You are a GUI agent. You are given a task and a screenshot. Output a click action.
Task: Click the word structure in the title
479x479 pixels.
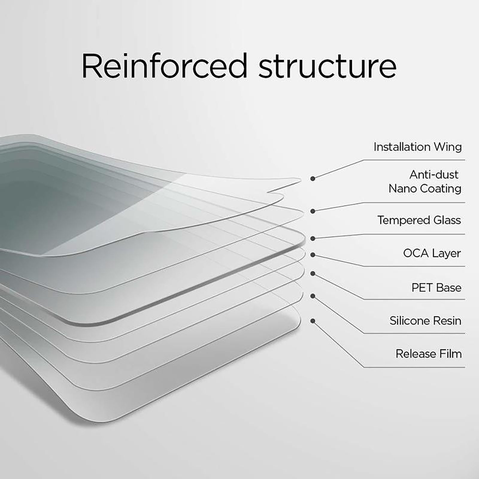pos(328,66)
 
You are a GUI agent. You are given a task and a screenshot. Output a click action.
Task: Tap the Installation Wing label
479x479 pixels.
pos(417,147)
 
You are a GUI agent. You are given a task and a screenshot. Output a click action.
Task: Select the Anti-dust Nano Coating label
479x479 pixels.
pos(425,181)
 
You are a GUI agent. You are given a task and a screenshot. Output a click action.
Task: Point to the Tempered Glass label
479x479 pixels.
pos(419,220)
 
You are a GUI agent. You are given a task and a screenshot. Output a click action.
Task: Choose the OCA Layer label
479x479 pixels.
pos(432,253)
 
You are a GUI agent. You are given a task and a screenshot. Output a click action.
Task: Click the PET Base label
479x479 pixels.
pos(436,288)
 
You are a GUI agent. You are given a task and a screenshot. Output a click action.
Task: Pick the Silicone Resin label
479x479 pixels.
pos(425,321)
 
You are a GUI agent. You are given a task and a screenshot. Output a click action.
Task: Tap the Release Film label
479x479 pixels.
pos(428,354)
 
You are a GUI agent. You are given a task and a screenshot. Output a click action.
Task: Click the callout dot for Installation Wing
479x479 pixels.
pos(313,178)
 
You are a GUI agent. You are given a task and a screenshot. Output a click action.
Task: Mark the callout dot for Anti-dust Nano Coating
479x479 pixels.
pos(313,211)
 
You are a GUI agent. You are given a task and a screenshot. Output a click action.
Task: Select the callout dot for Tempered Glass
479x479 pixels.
pos(313,238)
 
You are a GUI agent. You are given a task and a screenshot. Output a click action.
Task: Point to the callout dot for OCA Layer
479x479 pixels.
pos(313,255)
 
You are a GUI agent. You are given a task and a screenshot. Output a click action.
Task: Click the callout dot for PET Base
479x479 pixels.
pos(313,273)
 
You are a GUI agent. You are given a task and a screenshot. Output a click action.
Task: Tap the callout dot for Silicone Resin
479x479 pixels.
pos(313,296)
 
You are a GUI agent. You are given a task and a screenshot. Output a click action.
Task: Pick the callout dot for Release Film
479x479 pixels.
pos(313,321)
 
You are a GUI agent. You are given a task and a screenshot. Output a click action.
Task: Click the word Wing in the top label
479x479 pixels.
pos(448,147)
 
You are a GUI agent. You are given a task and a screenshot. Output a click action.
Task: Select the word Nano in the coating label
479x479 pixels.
pos(403,189)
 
